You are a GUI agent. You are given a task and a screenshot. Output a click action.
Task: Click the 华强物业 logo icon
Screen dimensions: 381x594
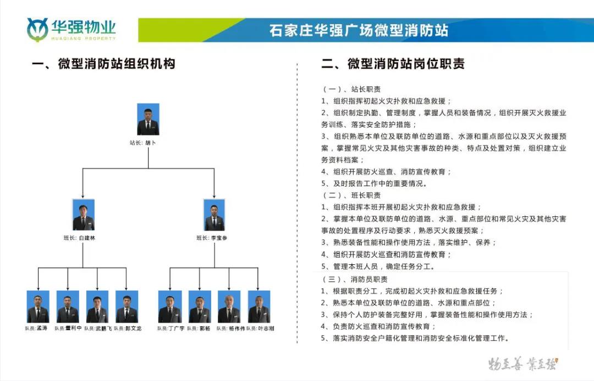click(37, 29)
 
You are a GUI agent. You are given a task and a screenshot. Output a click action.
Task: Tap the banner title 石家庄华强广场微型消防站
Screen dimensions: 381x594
click(359, 30)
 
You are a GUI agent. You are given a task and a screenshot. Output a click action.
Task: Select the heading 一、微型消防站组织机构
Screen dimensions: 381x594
click(103, 64)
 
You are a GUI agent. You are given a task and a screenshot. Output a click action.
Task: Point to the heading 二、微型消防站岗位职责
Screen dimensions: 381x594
click(393, 64)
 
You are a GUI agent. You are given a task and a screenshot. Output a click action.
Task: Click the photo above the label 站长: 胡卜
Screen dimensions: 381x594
click(148, 119)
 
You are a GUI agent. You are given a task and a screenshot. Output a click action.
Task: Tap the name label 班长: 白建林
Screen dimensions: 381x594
click(80, 238)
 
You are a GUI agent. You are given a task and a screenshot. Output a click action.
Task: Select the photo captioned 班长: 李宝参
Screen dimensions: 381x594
click(215, 215)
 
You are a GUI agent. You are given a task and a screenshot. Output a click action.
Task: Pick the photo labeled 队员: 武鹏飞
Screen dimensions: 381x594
click(97, 307)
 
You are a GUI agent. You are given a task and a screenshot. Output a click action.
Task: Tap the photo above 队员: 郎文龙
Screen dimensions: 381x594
click(127, 307)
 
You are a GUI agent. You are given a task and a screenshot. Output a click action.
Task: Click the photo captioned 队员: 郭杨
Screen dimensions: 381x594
click(200, 307)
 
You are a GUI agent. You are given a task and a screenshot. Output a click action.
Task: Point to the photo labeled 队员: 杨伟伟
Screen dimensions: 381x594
click(229, 307)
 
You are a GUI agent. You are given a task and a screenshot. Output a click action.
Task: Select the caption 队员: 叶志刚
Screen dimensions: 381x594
click(260, 328)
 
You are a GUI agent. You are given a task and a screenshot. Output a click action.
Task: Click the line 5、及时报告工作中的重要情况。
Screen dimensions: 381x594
click(375, 184)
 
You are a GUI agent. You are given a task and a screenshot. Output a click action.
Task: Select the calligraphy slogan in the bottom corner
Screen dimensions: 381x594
click(522, 363)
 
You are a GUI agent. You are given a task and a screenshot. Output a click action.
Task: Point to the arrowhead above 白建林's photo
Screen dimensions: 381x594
click(82, 196)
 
